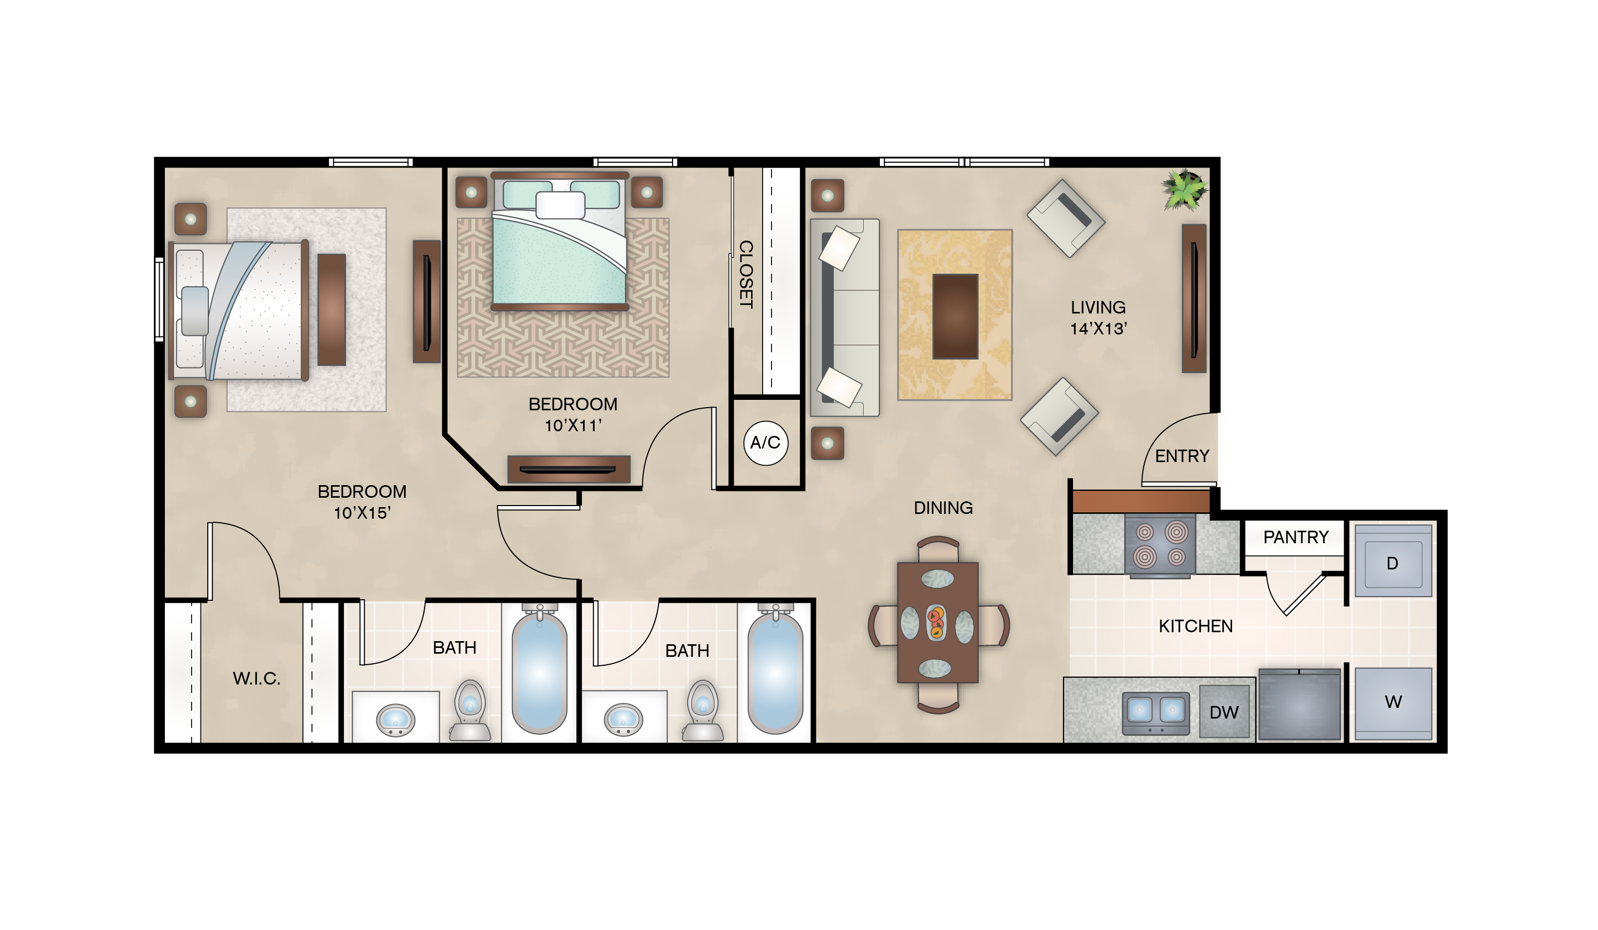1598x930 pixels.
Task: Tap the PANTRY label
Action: [1295, 537]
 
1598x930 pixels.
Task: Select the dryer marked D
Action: [1393, 561]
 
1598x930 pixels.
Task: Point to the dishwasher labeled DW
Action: [1224, 711]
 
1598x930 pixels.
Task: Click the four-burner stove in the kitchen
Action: [1160, 545]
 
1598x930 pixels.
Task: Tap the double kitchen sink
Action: [1155, 713]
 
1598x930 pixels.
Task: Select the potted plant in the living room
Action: [1184, 189]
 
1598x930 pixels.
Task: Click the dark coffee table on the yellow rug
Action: [955, 316]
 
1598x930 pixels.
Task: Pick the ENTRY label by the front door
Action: [1182, 456]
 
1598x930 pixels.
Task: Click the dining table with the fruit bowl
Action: [938, 622]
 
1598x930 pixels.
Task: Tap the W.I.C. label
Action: [256, 678]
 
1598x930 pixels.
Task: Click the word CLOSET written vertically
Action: [746, 274]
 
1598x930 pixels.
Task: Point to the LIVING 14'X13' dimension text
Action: [1098, 318]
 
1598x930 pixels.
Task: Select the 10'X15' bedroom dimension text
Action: [362, 513]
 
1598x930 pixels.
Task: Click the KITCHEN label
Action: [1195, 626]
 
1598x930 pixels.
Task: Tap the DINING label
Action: [943, 507]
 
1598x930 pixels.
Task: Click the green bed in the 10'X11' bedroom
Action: [560, 242]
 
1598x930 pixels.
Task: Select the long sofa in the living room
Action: [845, 318]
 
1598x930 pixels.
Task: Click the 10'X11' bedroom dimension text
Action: [573, 425]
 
